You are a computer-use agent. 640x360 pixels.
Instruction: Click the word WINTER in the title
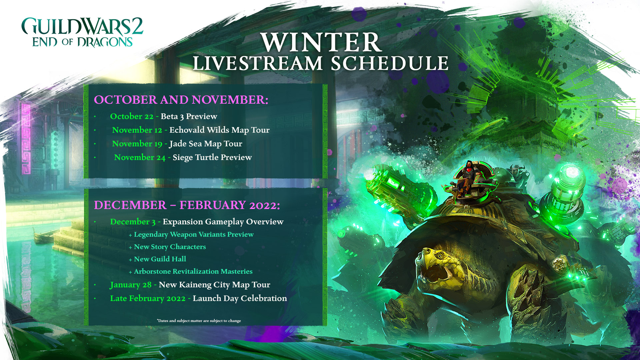321,42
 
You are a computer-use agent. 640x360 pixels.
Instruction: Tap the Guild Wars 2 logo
82,32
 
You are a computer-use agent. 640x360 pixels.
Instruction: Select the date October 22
132,116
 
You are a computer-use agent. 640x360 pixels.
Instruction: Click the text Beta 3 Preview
189,116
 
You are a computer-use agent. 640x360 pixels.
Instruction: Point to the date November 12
137,130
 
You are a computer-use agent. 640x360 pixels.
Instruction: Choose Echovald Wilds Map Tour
219,130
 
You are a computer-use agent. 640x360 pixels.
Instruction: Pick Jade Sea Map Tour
206,144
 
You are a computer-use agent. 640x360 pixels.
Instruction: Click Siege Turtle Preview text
212,157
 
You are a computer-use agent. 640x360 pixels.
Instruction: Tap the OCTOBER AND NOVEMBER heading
181,100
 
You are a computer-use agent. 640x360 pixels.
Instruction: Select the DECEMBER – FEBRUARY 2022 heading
187,205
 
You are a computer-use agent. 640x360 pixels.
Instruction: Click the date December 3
133,222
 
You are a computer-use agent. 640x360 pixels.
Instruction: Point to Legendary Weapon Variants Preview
194,234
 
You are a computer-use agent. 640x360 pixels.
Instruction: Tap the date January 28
131,285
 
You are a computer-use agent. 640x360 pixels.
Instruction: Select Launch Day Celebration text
240,298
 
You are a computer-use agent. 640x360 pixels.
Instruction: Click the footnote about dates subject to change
199,321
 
